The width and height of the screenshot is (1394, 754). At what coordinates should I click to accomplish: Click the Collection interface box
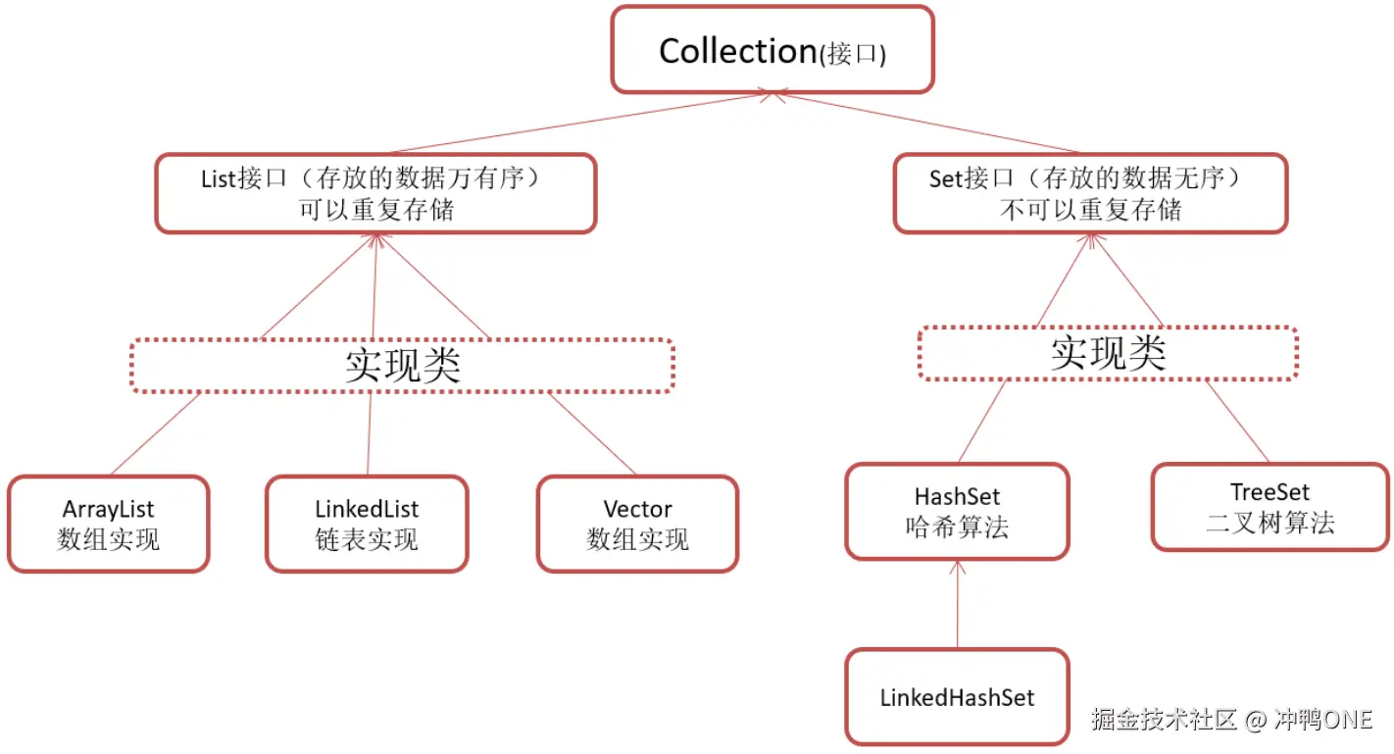tap(772, 50)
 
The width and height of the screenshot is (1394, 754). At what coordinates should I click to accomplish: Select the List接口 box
tap(375, 193)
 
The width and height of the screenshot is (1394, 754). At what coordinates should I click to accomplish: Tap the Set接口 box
tap(1090, 193)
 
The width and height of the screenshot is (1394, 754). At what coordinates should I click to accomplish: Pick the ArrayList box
tap(108, 524)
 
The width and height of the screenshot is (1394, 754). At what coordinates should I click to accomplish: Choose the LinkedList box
tap(367, 524)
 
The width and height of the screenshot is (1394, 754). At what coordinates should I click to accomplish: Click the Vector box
tap(637, 524)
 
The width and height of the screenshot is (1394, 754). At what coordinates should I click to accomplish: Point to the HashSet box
tap(957, 512)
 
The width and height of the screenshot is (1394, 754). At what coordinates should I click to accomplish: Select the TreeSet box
tap(1270, 507)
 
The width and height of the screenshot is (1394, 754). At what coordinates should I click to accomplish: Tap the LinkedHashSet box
tap(957, 697)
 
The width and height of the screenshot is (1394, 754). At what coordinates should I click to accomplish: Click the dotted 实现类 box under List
tap(402, 366)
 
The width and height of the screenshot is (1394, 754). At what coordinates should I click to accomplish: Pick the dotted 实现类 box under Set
tap(1108, 353)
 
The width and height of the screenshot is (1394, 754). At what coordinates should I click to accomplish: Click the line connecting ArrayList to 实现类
tap(155, 433)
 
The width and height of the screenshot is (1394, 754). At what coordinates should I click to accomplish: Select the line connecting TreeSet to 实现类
tap(1237, 422)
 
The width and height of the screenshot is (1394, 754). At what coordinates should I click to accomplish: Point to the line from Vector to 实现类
tap(592, 433)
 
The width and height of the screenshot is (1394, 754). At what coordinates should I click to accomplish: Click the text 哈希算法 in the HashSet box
tap(957, 528)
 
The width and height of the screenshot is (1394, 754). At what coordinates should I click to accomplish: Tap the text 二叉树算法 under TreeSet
tap(1270, 523)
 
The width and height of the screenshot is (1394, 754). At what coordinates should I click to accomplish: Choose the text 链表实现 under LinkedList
tap(367, 539)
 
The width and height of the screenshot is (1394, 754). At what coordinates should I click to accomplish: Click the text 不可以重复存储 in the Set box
tap(1090, 209)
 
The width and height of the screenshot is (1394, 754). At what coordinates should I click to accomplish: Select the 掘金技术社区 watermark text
tap(1167, 720)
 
